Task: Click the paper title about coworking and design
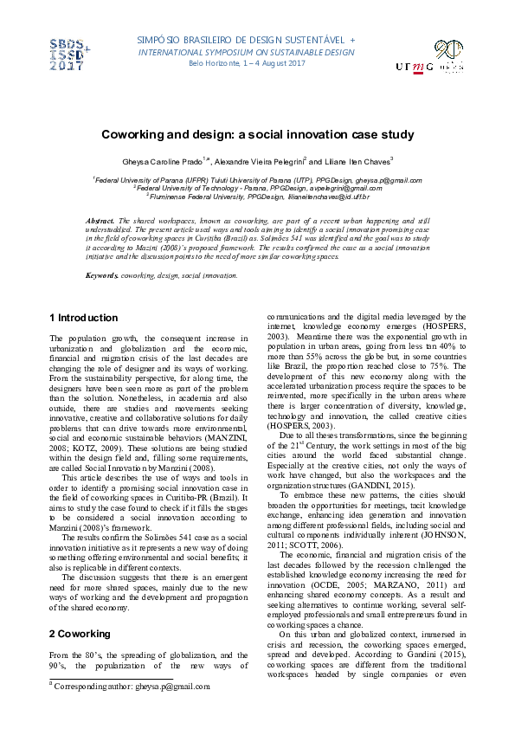pos(257,134)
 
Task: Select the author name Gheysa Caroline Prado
pos(164,162)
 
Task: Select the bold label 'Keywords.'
pos(102,275)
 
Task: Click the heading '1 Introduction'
pos(83,319)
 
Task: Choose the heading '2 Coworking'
pos(79,635)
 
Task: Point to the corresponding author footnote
pos(130,687)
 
